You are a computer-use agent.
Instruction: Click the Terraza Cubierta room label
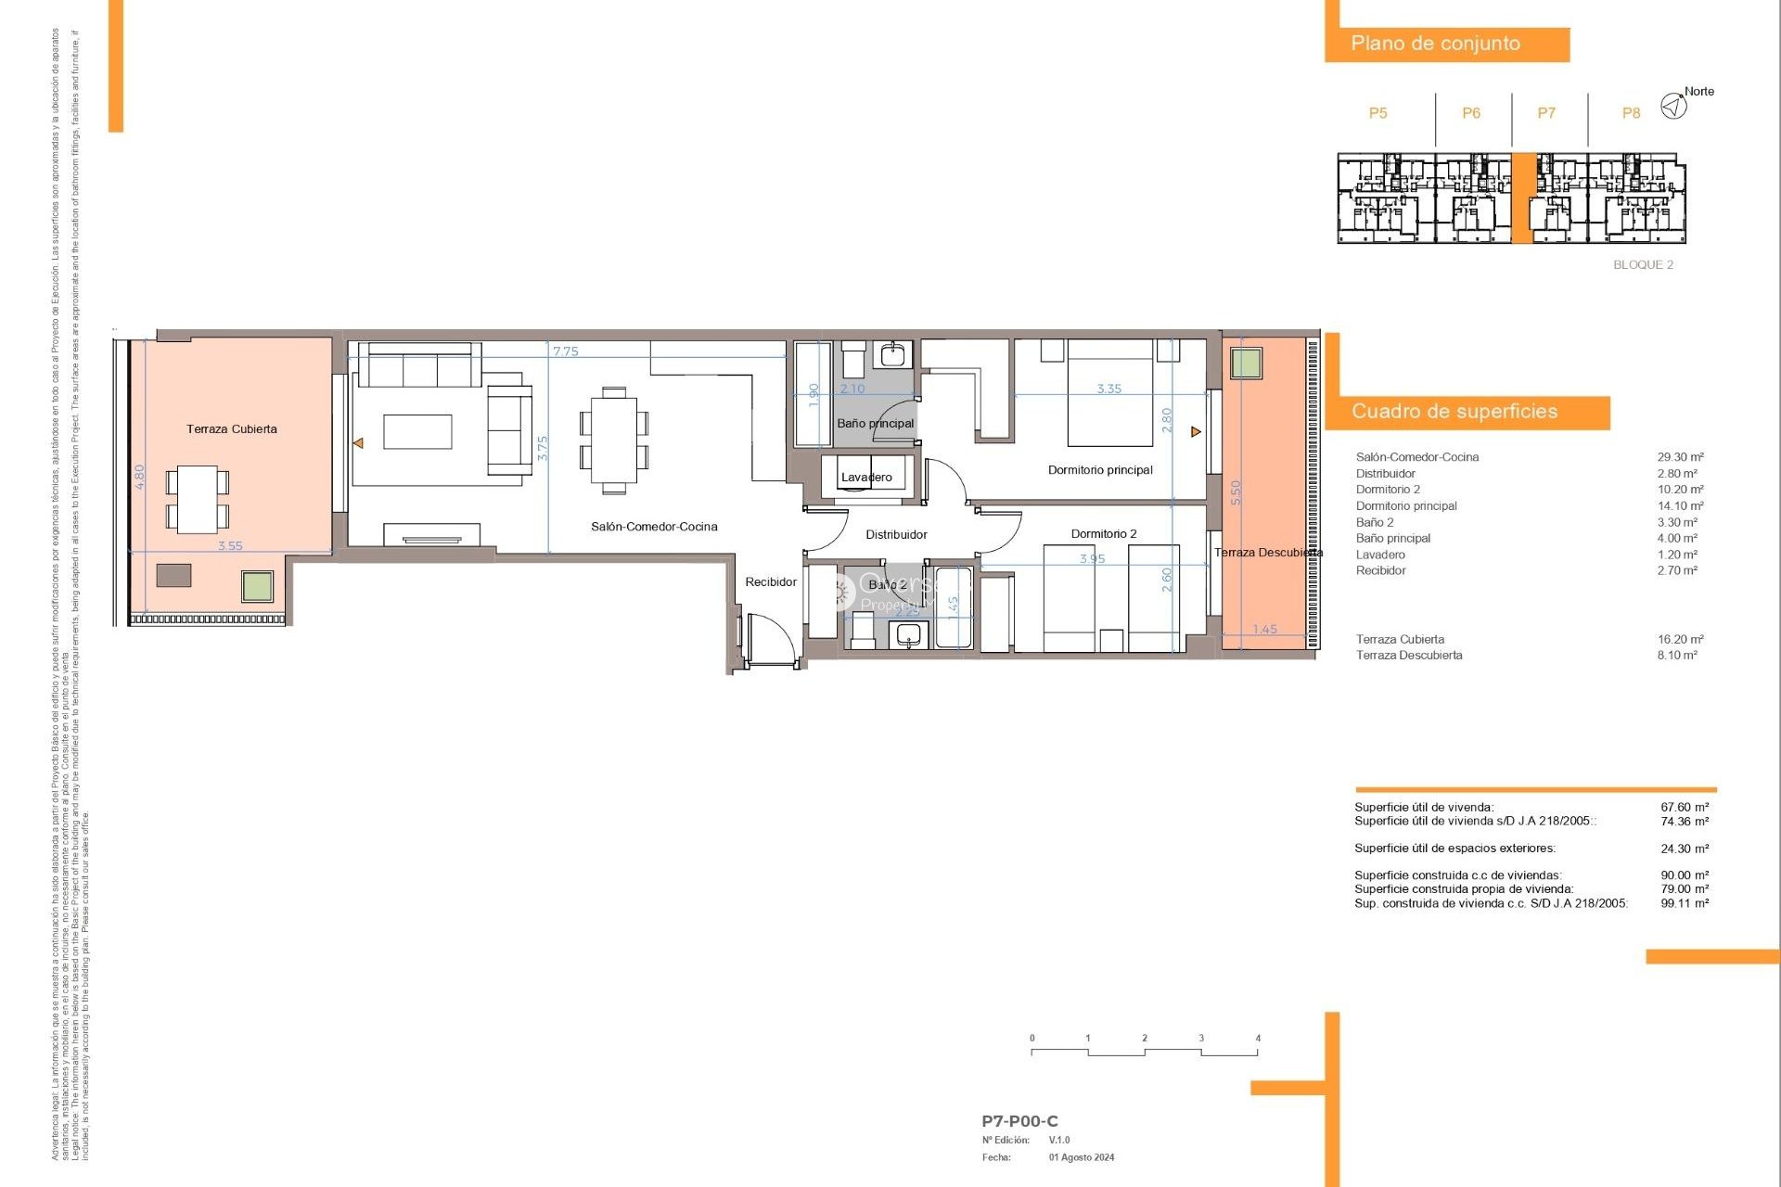[231, 429]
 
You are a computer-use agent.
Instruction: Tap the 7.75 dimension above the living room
[565, 351]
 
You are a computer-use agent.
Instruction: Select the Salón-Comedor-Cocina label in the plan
[654, 527]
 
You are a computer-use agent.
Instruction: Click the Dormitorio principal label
[1100, 470]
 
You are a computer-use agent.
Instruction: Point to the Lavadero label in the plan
[866, 478]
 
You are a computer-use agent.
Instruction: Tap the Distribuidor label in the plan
[896, 535]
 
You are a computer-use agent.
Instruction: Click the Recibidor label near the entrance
[771, 582]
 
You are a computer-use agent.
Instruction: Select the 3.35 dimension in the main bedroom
[1108, 389]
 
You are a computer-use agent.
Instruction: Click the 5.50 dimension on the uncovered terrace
[1236, 492]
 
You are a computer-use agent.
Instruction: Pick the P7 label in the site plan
[1546, 113]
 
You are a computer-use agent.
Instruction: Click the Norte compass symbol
[1673, 107]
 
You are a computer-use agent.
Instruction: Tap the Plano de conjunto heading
[1435, 44]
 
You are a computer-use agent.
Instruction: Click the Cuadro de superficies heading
[1454, 412]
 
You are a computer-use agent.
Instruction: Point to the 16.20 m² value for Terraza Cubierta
[1680, 640]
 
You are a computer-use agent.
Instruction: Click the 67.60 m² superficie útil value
[1685, 808]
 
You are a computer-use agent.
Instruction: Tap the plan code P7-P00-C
[1019, 1121]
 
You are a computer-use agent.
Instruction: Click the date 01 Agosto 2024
[1082, 1157]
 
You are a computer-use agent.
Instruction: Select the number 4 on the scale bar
[1258, 1039]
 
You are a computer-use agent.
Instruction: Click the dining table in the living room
[613, 440]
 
